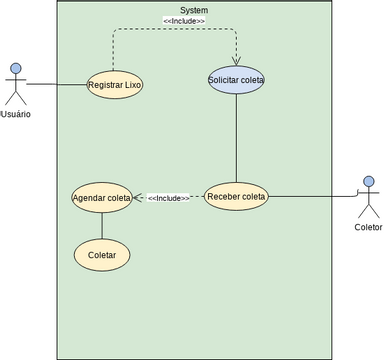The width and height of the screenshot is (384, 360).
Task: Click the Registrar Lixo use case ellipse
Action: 115,85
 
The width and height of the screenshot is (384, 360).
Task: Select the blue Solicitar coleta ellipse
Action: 236,80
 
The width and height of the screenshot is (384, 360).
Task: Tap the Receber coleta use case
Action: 236,197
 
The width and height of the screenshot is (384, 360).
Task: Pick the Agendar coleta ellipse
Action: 102,198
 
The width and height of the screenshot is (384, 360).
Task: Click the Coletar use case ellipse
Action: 102,255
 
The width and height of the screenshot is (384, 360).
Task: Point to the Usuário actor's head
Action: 15,69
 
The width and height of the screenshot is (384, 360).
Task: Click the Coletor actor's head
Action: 369,181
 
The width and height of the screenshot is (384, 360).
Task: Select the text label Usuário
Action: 15,114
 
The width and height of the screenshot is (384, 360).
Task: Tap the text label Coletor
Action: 368,227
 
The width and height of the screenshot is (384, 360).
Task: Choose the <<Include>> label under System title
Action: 184,21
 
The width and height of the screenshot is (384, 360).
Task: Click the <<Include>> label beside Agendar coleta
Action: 168,198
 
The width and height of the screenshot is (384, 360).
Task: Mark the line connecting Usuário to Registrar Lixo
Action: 56,85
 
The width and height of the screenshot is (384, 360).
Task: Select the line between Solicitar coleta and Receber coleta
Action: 236,140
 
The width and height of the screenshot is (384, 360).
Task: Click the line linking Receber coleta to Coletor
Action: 310,197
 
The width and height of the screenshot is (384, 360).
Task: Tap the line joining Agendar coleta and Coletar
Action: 102,226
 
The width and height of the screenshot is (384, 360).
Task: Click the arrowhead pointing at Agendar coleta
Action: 138,198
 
